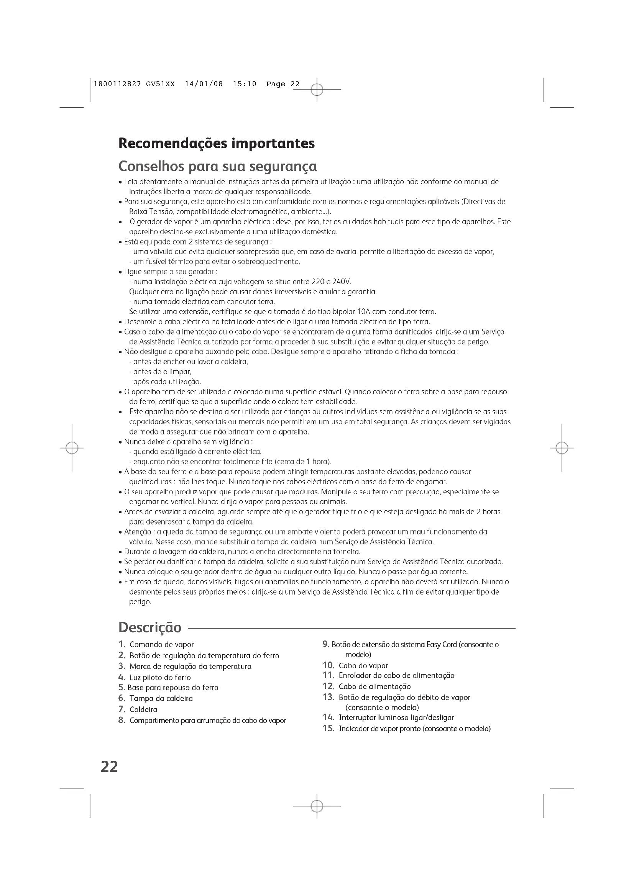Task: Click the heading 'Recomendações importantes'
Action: (x=216, y=143)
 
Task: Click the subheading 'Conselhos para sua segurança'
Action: (x=217, y=166)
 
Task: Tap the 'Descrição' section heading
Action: (x=150, y=627)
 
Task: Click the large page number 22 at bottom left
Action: (x=109, y=767)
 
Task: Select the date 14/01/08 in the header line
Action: (x=204, y=84)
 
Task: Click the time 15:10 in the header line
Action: (x=245, y=84)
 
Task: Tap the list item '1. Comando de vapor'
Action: (x=156, y=645)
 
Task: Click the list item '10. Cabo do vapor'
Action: (x=355, y=666)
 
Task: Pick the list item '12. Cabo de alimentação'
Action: (x=366, y=686)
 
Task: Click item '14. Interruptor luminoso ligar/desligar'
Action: (x=388, y=717)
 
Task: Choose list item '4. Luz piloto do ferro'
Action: (x=154, y=678)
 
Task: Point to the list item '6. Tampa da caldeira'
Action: (x=155, y=699)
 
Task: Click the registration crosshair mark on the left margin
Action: (x=72, y=448)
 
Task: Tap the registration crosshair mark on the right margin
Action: (x=562, y=448)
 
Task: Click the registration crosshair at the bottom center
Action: (x=317, y=806)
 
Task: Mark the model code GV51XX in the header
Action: (x=161, y=84)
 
